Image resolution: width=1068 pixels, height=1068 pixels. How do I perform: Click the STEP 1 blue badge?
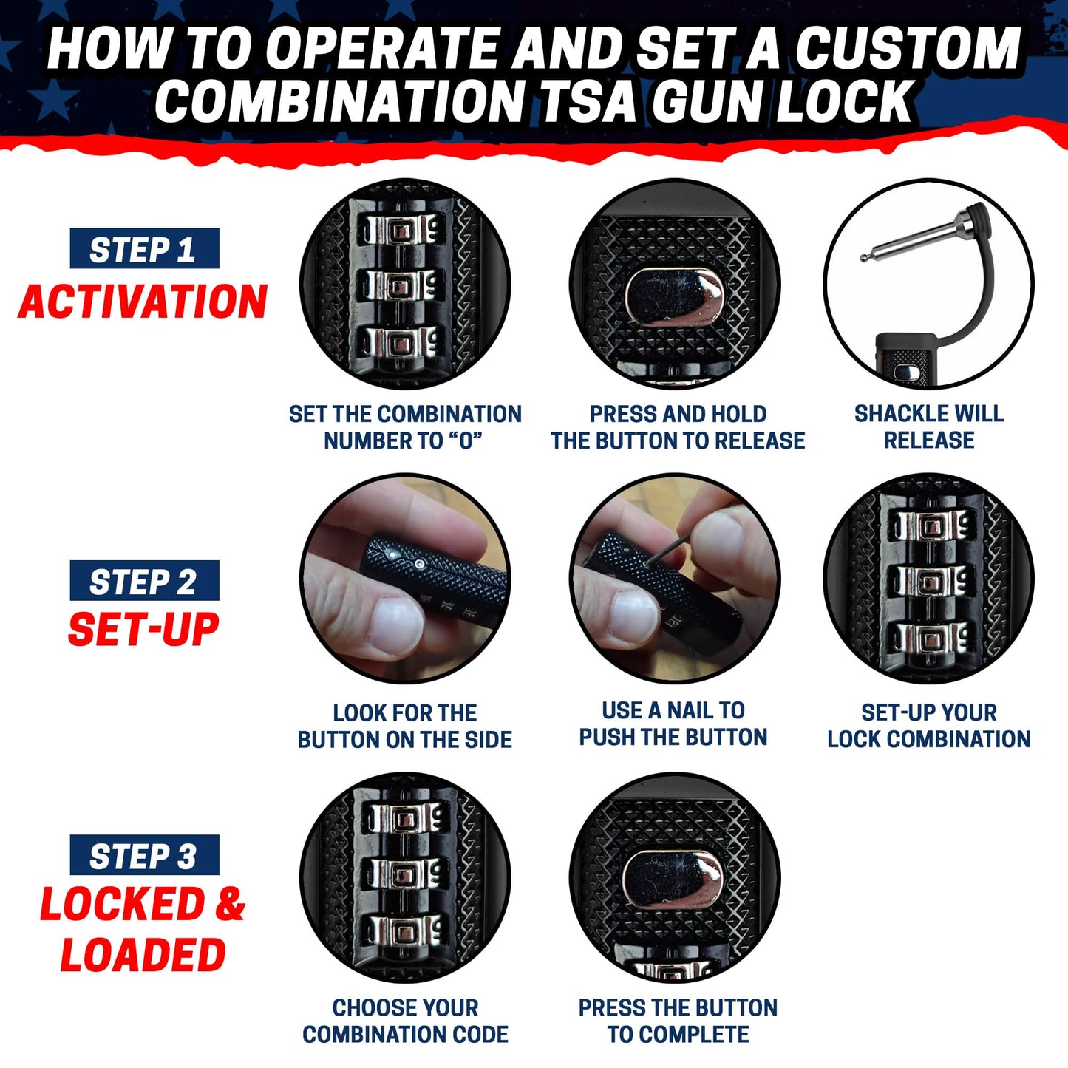point(144,249)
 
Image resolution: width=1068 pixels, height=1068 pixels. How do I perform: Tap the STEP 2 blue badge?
point(144,581)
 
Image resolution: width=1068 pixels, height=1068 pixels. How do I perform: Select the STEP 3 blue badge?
point(144,856)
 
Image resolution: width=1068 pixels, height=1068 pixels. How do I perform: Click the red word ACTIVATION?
point(143,302)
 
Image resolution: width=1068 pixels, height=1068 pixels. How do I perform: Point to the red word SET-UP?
point(143,630)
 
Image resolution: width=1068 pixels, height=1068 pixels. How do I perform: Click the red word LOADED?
point(143,954)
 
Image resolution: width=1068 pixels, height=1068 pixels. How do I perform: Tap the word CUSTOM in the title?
point(908,49)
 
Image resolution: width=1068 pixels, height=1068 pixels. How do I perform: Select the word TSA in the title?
point(588,101)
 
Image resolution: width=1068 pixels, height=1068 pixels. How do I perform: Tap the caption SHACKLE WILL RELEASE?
point(929,426)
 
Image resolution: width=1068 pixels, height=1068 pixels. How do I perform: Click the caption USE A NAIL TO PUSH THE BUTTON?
point(673,724)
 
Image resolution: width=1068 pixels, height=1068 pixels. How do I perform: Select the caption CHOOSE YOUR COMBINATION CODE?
point(405,1021)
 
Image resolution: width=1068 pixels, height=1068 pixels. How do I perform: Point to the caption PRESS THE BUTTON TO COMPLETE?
point(678,1021)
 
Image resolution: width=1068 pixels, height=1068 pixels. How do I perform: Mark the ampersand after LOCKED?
point(230,905)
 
